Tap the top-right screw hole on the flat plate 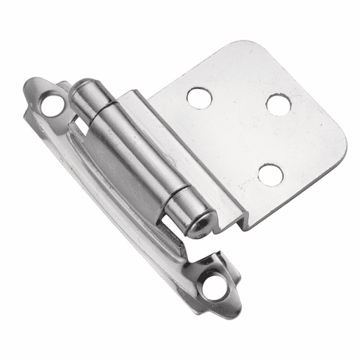tap(278, 104)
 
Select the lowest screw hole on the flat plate tap(270, 174)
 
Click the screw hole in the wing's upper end tap(52, 105)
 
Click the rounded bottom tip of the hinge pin tap(200, 223)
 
